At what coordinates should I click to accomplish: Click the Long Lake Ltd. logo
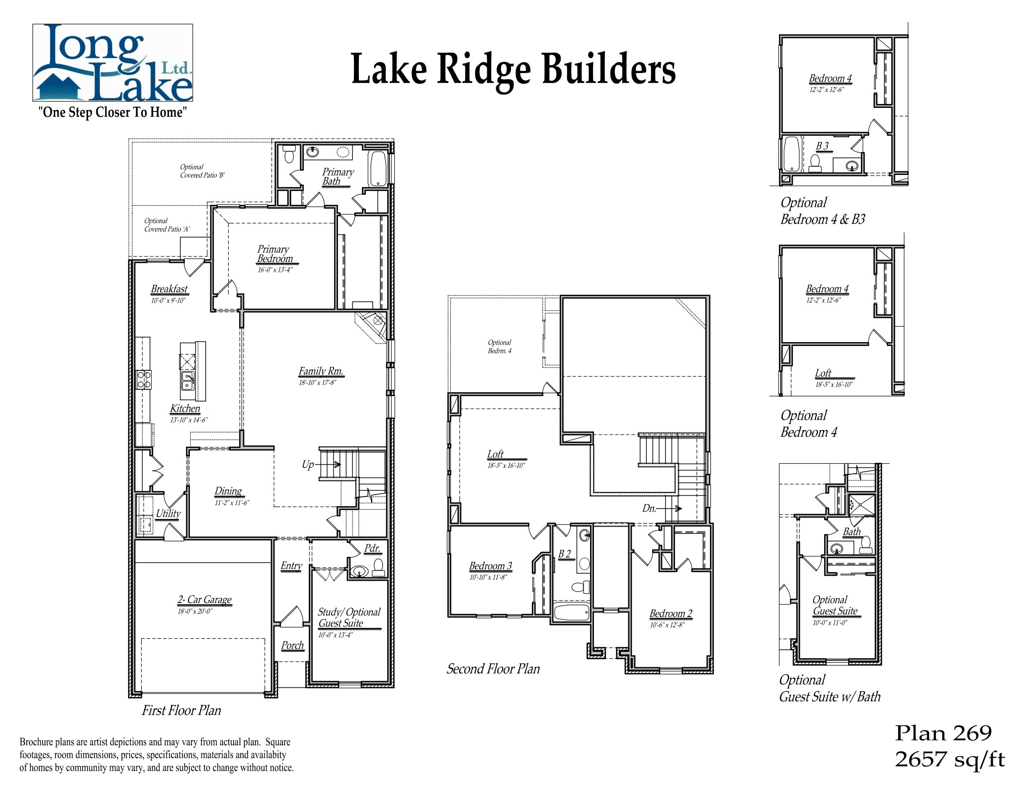pos(113,63)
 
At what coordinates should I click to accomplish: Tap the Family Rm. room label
pos(321,371)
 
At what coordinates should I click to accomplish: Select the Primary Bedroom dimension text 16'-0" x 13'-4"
pos(275,270)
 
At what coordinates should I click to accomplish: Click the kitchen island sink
pos(188,381)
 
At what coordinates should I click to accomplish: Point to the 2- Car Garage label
pos(204,600)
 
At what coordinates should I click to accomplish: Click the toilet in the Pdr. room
pos(378,566)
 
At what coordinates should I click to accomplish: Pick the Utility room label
pos(168,514)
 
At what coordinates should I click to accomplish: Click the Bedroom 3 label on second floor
pos(490,566)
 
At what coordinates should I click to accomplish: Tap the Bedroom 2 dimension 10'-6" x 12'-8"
pos(667,625)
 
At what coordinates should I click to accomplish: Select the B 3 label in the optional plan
pos(823,146)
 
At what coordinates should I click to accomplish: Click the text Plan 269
pos(943,733)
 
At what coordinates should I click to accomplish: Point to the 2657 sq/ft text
pos(949,759)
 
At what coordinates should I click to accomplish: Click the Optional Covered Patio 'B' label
pos(202,171)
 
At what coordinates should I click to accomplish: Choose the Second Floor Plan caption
pos(493,669)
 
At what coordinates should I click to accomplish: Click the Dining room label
pos(228,491)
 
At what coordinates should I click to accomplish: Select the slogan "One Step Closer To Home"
pos(113,112)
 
